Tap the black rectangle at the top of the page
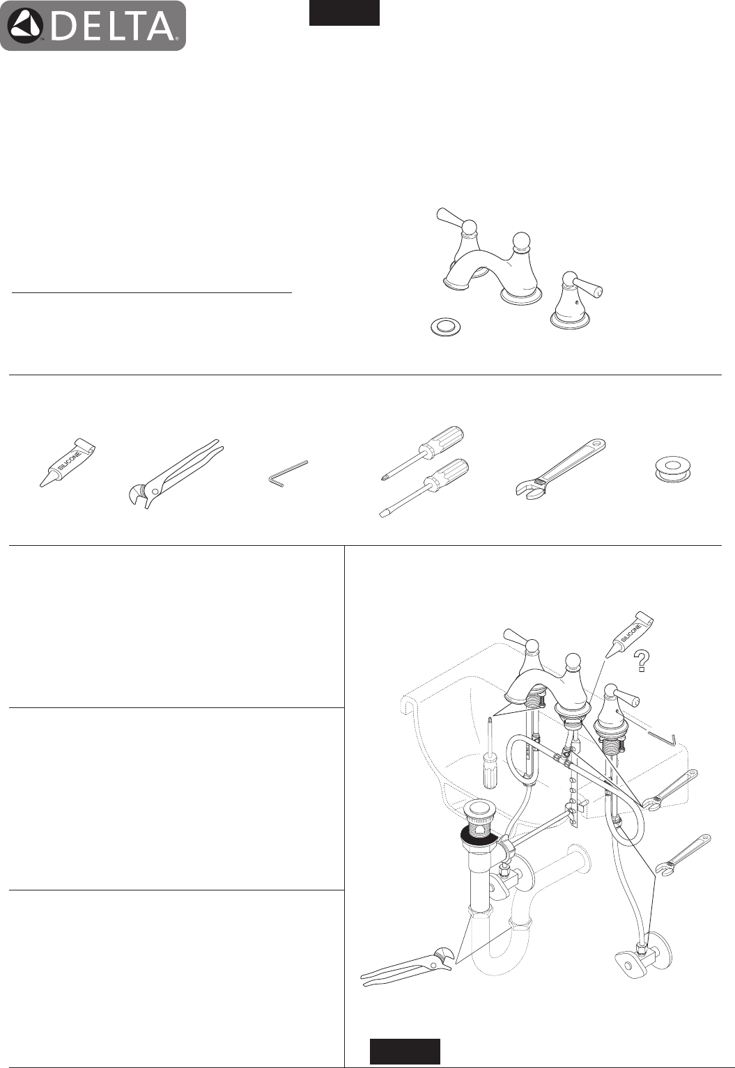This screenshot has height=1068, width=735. (x=344, y=13)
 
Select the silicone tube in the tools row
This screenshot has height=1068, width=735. (x=67, y=462)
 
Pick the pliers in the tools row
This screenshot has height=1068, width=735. (x=176, y=474)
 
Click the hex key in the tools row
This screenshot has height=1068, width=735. (x=288, y=474)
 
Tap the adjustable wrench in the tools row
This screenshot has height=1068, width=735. (x=560, y=470)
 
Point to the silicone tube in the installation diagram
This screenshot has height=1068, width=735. (x=628, y=636)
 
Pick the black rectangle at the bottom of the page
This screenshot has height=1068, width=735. (x=405, y=1052)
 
